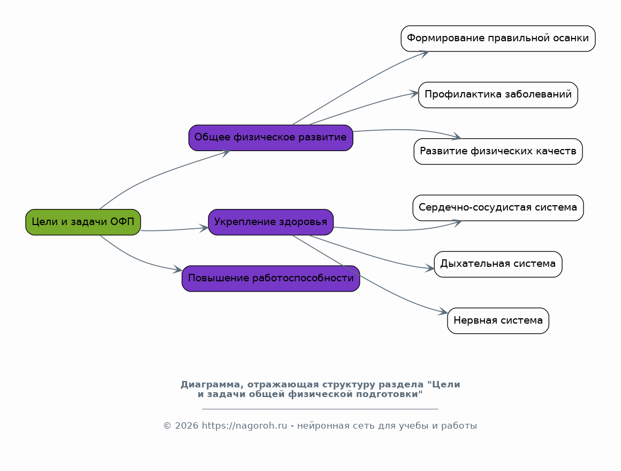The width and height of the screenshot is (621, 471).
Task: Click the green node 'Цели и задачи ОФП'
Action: [x=83, y=222]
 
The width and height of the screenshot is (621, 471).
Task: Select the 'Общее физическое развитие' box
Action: [x=270, y=137]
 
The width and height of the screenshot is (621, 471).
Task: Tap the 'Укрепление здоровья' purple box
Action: [x=270, y=222]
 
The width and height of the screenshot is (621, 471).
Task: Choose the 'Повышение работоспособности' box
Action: [x=270, y=278]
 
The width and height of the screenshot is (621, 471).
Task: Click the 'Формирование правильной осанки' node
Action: [x=498, y=38]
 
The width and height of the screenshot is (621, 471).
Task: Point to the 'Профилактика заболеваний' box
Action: [x=498, y=95]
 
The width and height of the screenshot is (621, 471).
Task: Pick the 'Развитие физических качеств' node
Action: [x=498, y=151]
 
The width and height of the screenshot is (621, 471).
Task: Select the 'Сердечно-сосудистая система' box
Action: [x=498, y=207]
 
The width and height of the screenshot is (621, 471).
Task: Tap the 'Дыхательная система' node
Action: [x=498, y=264]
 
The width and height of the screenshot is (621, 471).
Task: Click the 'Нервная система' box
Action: [x=498, y=320]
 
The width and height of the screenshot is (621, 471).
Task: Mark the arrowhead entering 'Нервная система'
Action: [x=444, y=312]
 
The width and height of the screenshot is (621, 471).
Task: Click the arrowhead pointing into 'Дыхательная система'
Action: [x=430, y=268]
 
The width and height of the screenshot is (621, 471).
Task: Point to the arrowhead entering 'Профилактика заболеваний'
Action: [x=414, y=94]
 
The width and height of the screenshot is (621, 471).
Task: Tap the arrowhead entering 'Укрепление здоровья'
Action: [x=204, y=228]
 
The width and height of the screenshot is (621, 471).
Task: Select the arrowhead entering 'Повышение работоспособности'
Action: [x=178, y=270]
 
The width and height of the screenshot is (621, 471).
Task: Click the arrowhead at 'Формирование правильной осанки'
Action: [x=424, y=53]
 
